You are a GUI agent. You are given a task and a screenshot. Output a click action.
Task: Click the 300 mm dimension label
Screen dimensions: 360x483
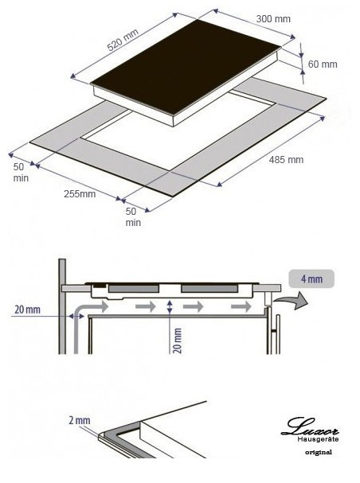point(273,19)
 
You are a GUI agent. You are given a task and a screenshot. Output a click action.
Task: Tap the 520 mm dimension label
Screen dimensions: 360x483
point(123,40)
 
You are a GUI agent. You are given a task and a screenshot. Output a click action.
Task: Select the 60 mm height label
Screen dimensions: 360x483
point(323,64)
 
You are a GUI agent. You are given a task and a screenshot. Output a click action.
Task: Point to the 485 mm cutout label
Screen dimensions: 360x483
point(286,160)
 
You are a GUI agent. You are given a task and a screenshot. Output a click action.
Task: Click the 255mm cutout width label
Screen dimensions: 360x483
point(80,193)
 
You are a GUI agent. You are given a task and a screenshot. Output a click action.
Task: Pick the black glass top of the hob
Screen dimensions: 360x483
point(186,66)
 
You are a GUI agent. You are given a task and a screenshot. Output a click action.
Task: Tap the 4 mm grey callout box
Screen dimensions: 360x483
point(311,279)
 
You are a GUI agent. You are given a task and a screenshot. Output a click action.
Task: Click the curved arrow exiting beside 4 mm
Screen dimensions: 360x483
point(292,300)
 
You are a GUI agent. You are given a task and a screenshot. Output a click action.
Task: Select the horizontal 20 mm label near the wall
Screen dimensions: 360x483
point(27,310)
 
